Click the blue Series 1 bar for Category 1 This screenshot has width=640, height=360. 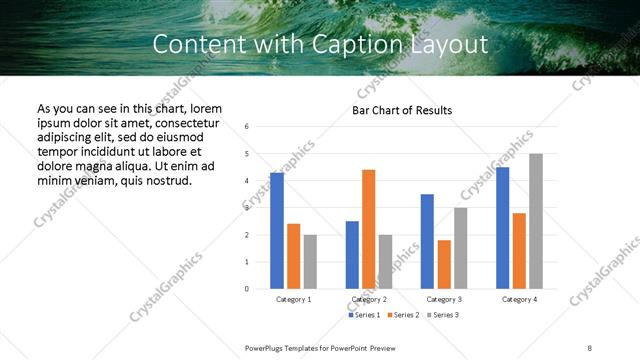(x=277, y=231)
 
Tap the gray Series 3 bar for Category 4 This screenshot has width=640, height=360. (x=536, y=221)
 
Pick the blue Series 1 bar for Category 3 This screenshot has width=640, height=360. (x=427, y=241)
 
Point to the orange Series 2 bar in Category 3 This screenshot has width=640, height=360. (x=444, y=264)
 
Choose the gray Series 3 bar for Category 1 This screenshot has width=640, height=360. (x=310, y=261)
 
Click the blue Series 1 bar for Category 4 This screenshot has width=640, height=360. (x=502, y=228)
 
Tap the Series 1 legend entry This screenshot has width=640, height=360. (x=364, y=315)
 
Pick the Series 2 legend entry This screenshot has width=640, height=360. (x=402, y=315)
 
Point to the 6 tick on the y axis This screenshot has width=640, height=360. (x=247, y=127)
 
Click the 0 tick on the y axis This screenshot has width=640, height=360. (x=247, y=289)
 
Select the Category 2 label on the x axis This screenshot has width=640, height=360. (x=369, y=299)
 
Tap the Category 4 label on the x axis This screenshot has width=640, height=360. (x=519, y=299)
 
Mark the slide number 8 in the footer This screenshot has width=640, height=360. (x=589, y=347)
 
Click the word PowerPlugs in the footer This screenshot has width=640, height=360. (x=267, y=347)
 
